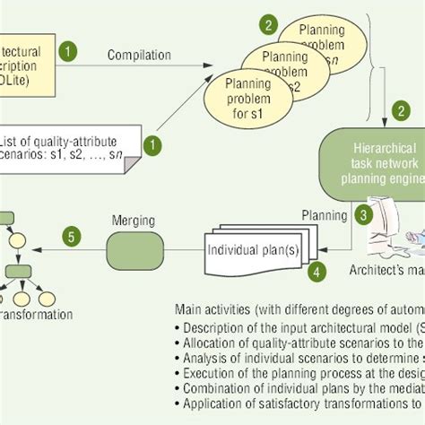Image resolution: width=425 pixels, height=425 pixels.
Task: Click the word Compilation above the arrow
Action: tap(140, 56)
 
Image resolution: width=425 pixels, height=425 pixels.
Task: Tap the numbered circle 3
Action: tap(363, 214)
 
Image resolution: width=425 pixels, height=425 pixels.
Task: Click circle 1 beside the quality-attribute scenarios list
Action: tap(155, 143)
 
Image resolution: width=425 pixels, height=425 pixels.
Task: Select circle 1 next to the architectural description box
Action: tap(67, 51)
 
